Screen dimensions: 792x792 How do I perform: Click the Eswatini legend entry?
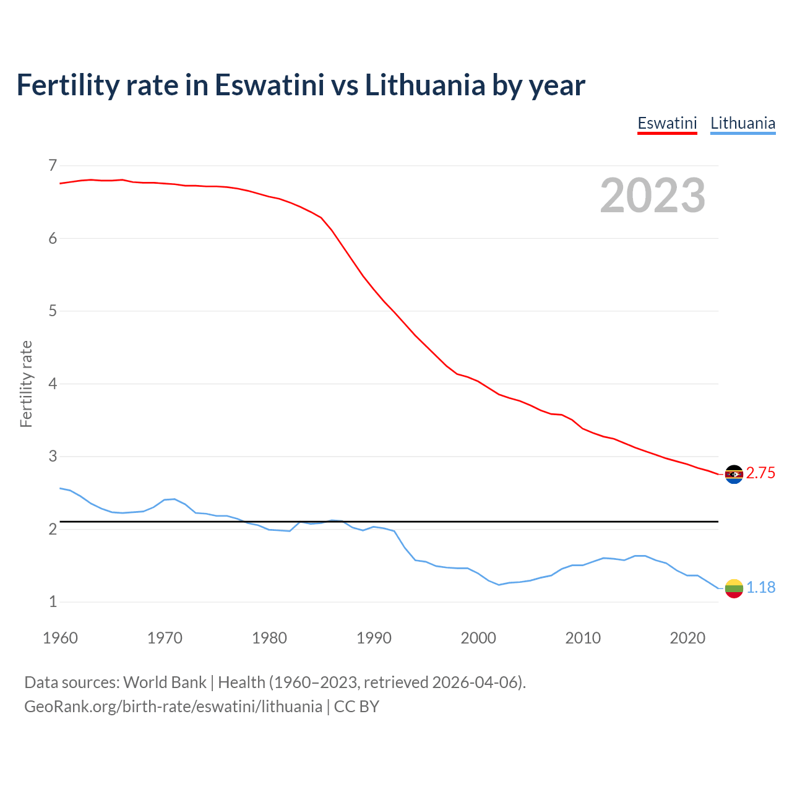point(667,123)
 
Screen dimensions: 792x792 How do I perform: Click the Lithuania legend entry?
point(742,123)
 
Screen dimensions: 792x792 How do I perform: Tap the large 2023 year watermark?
point(653,196)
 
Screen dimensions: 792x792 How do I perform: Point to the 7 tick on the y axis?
point(52,165)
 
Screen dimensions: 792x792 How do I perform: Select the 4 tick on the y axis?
point(52,384)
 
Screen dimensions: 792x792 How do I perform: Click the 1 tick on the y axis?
point(52,601)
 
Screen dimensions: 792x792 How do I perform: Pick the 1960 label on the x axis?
point(60,638)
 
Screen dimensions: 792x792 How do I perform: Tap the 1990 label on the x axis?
point(374,638)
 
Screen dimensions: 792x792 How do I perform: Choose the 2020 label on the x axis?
point(687,638)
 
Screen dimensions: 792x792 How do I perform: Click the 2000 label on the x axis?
point(478,638)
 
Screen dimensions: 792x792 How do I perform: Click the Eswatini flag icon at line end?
point(734,474)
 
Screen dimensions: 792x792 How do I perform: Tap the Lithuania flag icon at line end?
point(734,588)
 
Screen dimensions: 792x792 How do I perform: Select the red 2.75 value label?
point(760,473)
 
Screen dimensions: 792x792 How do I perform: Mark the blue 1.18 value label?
point(760,588)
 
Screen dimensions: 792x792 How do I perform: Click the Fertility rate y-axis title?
point(26,384)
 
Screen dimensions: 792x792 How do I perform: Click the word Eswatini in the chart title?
point(269,85)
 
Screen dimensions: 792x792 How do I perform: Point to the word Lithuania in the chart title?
point(424,85)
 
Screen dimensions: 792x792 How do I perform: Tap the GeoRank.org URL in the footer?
point(173,707)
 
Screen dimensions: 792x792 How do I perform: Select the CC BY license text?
point(356,707)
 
